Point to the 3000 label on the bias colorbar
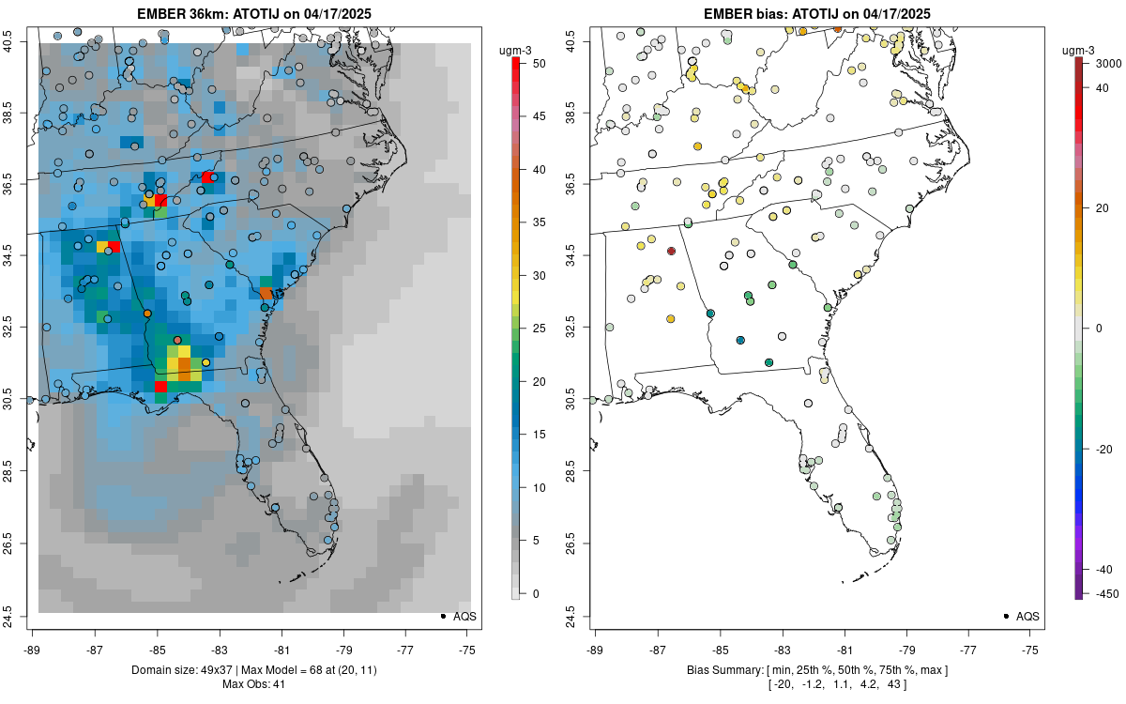(x=1109, y=64)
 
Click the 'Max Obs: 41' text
(x=253, y=684)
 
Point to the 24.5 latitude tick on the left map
(x=20, y=616)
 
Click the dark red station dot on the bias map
(x=671, y=251)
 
